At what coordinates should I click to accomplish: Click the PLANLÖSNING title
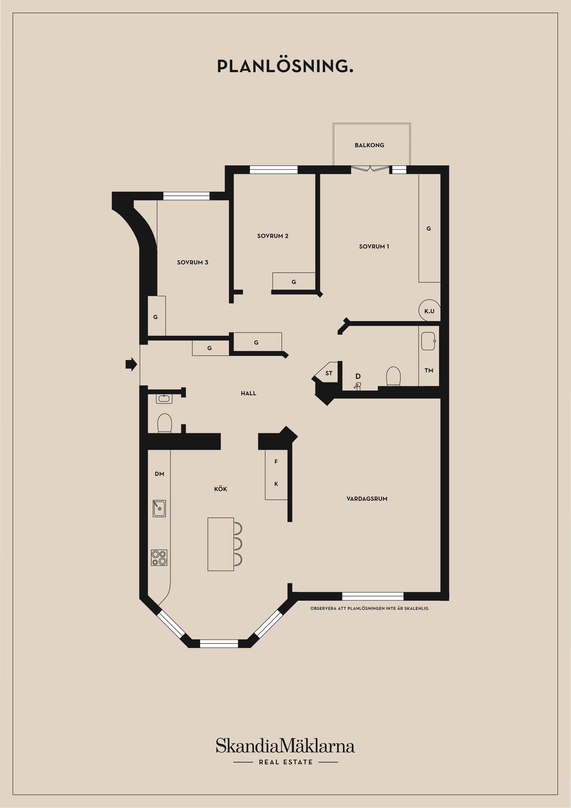285,66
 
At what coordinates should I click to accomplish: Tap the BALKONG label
369,145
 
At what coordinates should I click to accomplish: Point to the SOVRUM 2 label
273,236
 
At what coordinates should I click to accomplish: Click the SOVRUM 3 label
192,262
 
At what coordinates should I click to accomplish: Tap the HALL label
248,393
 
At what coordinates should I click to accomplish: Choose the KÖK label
221,489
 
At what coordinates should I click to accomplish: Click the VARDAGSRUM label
367,499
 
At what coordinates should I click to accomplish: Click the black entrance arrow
131,364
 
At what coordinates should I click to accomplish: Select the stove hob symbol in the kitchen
159,558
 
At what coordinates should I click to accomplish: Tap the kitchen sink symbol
159,508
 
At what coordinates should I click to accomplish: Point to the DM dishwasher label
159,474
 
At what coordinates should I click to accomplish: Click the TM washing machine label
429,370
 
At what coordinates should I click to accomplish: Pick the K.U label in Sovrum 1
429,311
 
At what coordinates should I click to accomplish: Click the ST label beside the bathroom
329,373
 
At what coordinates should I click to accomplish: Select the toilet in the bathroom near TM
393,376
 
